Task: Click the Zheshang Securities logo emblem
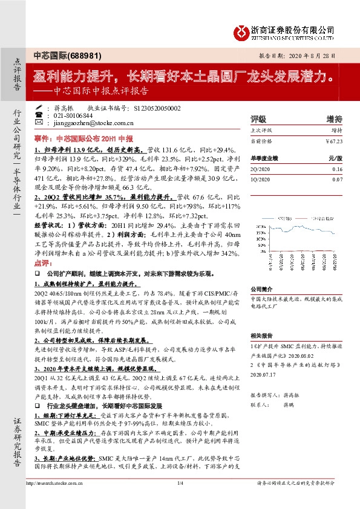[241, 32]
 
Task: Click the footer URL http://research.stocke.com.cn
[51, 482]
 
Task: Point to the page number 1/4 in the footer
[180, 482]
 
